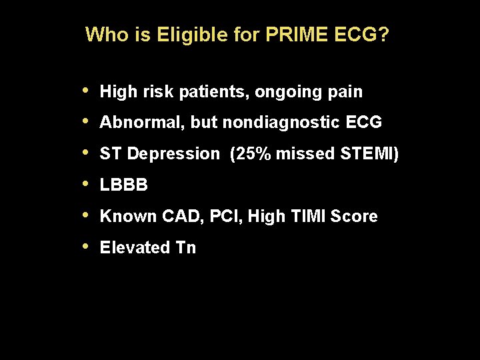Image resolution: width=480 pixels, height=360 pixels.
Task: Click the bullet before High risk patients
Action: (x=87, y=91)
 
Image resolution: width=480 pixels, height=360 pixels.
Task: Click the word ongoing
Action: (x=291, y=92)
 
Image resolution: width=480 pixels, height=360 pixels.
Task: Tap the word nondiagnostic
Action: (x=283, y=123)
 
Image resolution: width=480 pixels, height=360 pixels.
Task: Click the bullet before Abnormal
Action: (x=87, y=121)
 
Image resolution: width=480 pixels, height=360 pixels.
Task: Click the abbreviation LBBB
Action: (x=124, y=185)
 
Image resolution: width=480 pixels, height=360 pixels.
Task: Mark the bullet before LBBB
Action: (x=87, y=184)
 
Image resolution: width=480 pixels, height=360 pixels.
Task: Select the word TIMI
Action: (x=311, y=217)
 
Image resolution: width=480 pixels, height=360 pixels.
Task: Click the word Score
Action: (x=356, y=217)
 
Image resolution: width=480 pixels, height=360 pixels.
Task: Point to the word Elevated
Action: (x=135, y=248)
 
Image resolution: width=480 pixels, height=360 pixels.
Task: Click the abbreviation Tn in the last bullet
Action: (x=185, y=248)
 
